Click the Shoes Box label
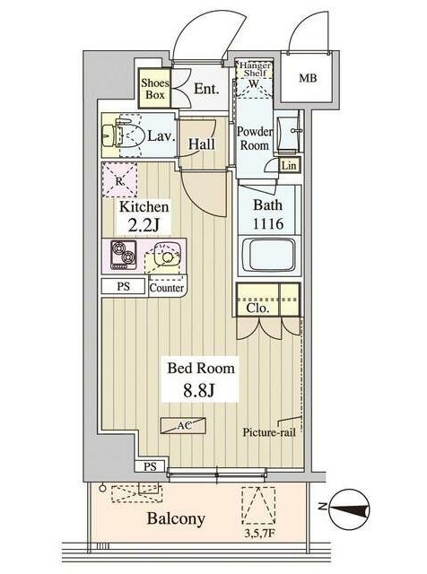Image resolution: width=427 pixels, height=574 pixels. click(x=155, y=89)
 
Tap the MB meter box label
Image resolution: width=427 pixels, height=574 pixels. click(x=308, y=78)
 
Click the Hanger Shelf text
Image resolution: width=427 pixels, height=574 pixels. click(x=255, y=69)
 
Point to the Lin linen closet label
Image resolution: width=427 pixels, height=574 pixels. click(x=289, y=165)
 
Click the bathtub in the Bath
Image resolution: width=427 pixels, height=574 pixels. click(x=269, y=255)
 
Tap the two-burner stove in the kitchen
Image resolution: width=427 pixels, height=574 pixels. click(x=124, y=255)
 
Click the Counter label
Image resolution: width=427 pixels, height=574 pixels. click(x=167, y=288)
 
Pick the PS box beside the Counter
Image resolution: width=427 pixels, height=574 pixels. click(x=124, y=286)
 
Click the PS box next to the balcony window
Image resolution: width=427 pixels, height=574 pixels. click(x=150, y=466)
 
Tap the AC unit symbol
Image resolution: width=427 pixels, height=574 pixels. click(x=183, y=426)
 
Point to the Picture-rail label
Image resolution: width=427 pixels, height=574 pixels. click(x=269, y=432)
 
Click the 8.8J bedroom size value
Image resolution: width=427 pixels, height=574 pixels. click(x=199, y=391)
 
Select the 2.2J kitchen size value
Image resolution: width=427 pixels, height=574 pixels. click(x=144, y=224)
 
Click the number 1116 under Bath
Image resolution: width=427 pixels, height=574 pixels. click(x=268, y=223)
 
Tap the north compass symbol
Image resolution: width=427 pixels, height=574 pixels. click(x=349, y=509)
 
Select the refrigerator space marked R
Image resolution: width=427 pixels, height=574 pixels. click(x=119, y=180)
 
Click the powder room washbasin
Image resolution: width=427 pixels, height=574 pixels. click(x=290, y=130)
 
